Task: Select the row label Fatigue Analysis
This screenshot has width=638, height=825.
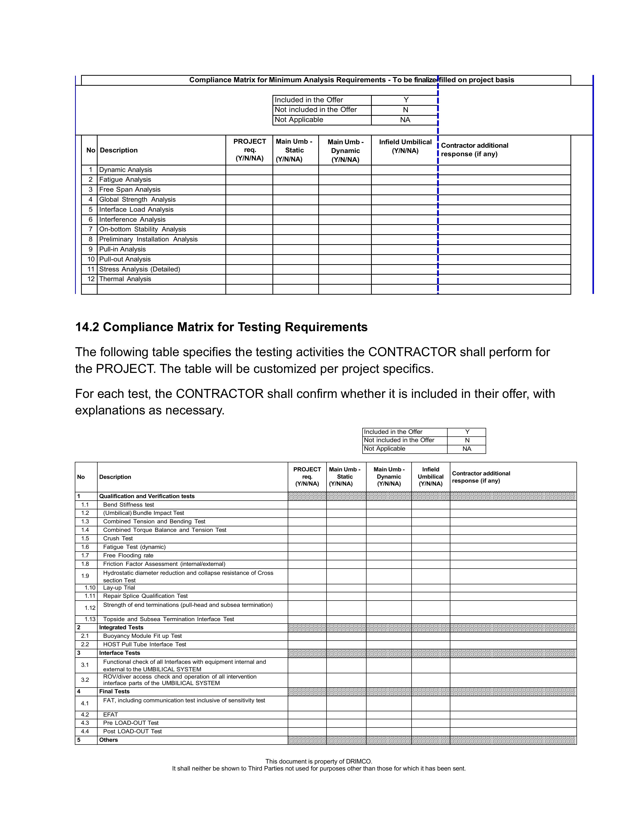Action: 125,180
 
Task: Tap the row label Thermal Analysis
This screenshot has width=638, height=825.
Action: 125,279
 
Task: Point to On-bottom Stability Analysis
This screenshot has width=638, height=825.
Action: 143,229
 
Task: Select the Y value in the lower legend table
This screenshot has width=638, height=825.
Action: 467,432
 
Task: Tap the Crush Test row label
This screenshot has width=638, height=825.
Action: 118,538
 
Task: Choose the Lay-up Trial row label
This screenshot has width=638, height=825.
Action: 119,588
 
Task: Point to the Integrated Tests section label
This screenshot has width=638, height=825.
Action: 121,628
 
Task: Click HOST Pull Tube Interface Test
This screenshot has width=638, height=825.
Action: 144,645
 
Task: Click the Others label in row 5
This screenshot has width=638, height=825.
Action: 109,740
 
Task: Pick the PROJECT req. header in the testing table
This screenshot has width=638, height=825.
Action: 307,477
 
